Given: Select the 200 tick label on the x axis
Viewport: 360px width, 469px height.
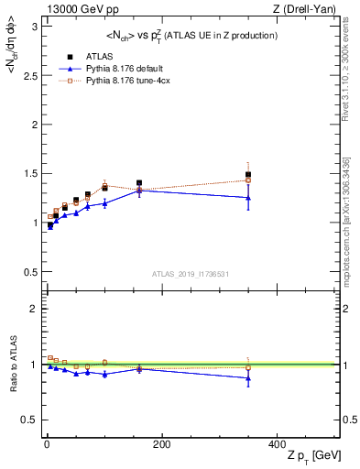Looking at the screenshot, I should [x=160, y=443].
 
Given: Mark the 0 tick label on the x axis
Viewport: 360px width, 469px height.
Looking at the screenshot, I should [x=46, y=443].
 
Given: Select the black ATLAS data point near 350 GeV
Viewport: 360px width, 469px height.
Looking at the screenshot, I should [x=248, y=175].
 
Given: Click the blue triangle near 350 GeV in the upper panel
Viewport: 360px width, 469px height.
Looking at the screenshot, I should [x=248, y=198].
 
